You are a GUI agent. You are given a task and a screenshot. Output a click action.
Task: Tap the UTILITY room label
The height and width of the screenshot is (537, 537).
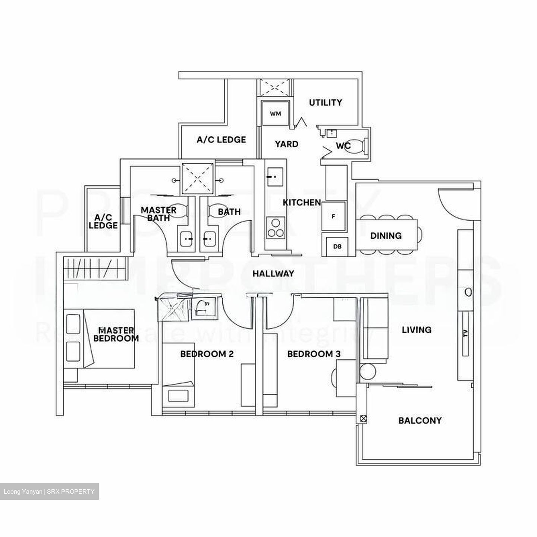click(x=325, y=103)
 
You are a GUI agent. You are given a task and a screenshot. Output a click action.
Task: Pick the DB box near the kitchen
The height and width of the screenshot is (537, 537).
click(x=337, y=246)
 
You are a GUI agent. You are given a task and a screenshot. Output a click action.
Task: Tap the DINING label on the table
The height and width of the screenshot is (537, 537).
click(x=386, y=236)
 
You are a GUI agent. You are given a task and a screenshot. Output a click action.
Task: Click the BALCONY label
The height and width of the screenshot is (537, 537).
click(x=420, y=421)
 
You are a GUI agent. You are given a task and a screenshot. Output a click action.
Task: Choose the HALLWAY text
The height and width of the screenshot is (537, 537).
click(x=273, y=274)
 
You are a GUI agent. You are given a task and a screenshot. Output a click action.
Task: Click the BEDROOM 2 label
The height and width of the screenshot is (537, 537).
click(x=207, y=354)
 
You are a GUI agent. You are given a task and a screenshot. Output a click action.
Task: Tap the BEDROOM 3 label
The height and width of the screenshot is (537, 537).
click(x=314, y=354)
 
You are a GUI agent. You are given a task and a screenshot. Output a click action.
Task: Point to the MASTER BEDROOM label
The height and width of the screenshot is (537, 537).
click(x=116, y=334)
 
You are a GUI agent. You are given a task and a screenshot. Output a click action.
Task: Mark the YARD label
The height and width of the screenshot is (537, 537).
click(x=286, y=144)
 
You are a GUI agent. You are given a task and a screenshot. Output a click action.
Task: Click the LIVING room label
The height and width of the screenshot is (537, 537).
click(x=417, y=330)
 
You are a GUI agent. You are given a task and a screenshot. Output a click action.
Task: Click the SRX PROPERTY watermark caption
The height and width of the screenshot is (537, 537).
click(x=49, y=492)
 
